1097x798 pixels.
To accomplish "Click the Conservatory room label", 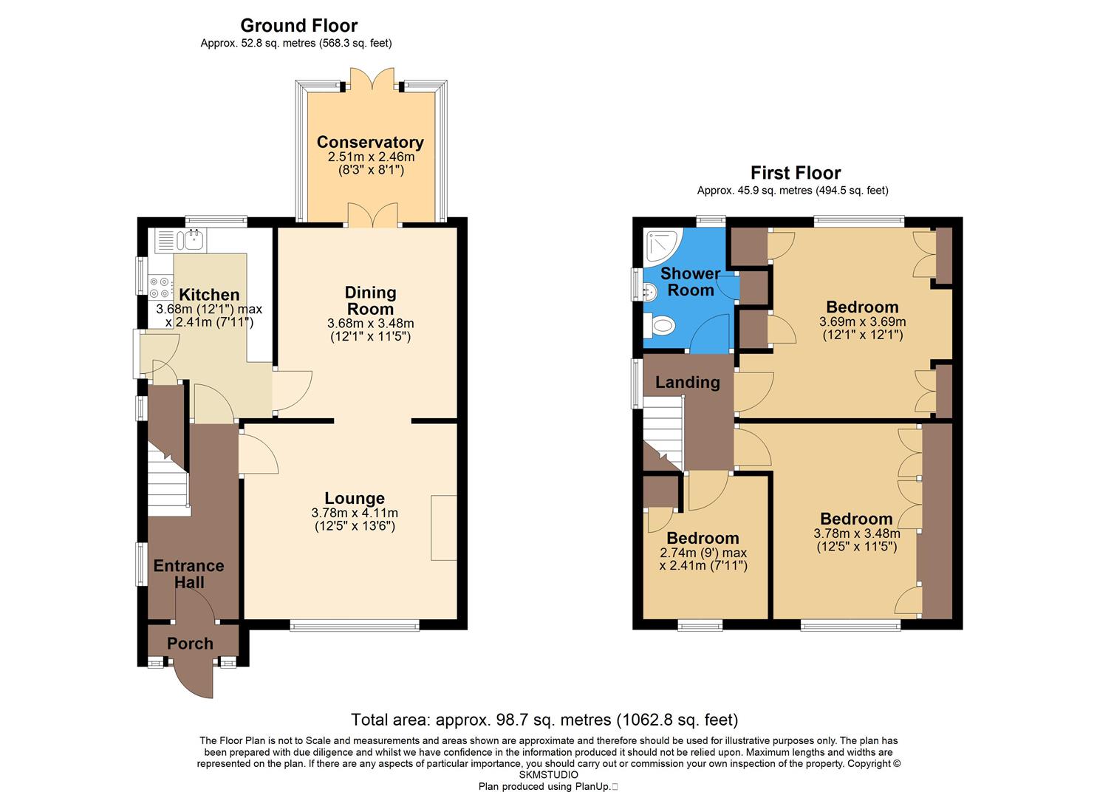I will (370, 142).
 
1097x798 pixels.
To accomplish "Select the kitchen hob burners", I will (160, 287).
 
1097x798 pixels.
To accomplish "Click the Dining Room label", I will (370, 301).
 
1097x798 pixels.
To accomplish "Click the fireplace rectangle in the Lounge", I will (444, 528).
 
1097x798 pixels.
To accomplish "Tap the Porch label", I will (190, 644).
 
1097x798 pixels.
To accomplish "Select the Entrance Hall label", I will (188, 574).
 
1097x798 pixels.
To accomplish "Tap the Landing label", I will (687, 382).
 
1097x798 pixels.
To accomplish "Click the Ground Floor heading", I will (298, 26).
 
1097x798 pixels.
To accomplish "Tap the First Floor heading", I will (796, 173).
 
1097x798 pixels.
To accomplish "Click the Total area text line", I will (544, 719).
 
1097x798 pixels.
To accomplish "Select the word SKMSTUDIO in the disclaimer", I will (547, 775).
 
